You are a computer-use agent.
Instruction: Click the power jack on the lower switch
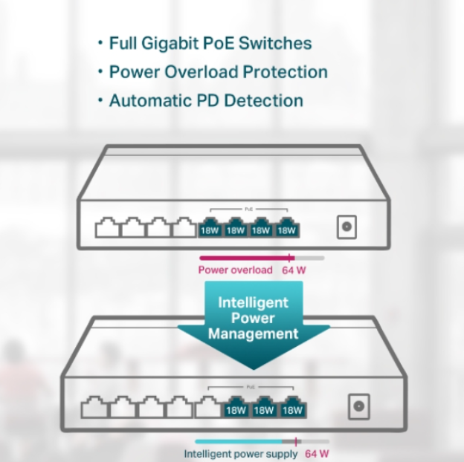(359, 406)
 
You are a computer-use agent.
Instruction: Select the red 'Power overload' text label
(235, 270)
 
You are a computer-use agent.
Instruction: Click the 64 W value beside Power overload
(294, 270)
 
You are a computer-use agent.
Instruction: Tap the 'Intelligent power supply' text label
(240, 454)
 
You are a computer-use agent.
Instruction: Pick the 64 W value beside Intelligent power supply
(317, 454)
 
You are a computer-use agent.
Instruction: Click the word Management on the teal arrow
(253, 334)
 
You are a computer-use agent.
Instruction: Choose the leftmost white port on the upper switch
(108, 229)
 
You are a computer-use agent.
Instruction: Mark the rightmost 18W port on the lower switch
(291, 408)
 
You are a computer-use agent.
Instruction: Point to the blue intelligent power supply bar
(238, 441)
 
